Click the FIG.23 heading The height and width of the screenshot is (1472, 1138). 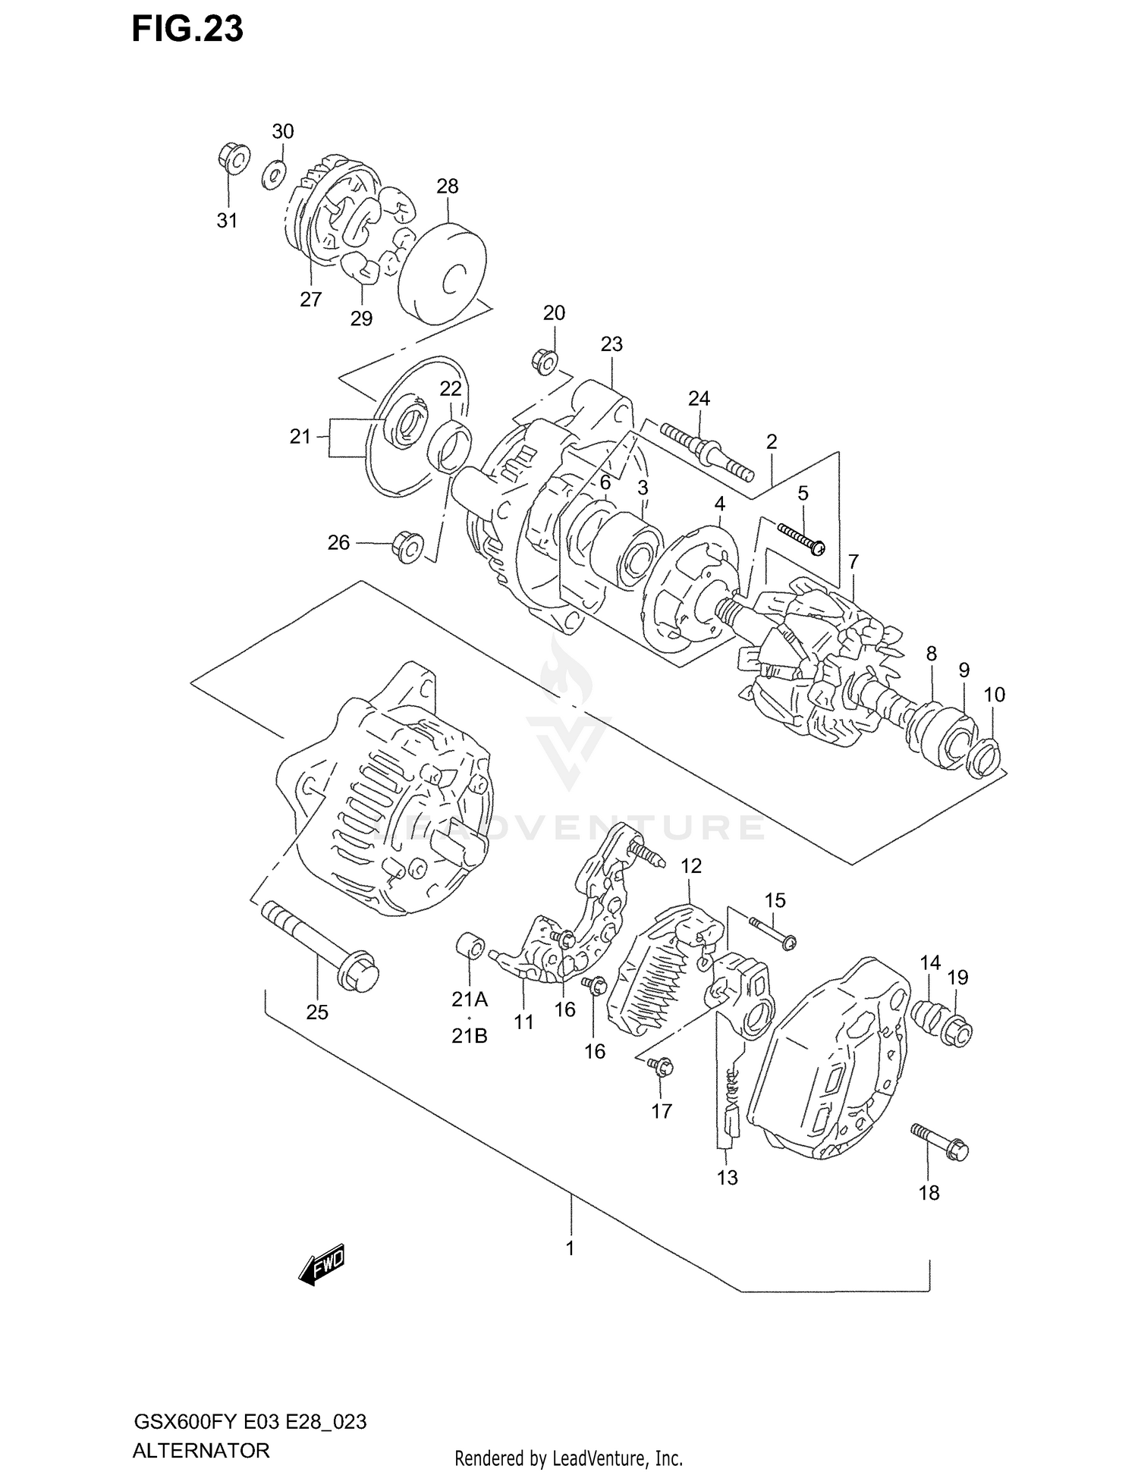tap(187, 29)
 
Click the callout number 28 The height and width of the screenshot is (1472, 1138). tap(448, 186)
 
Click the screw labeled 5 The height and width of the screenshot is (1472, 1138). tap(800, 536)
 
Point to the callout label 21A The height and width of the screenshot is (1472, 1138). tap(470, 1000)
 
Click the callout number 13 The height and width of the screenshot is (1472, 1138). tap(727, 1178)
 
